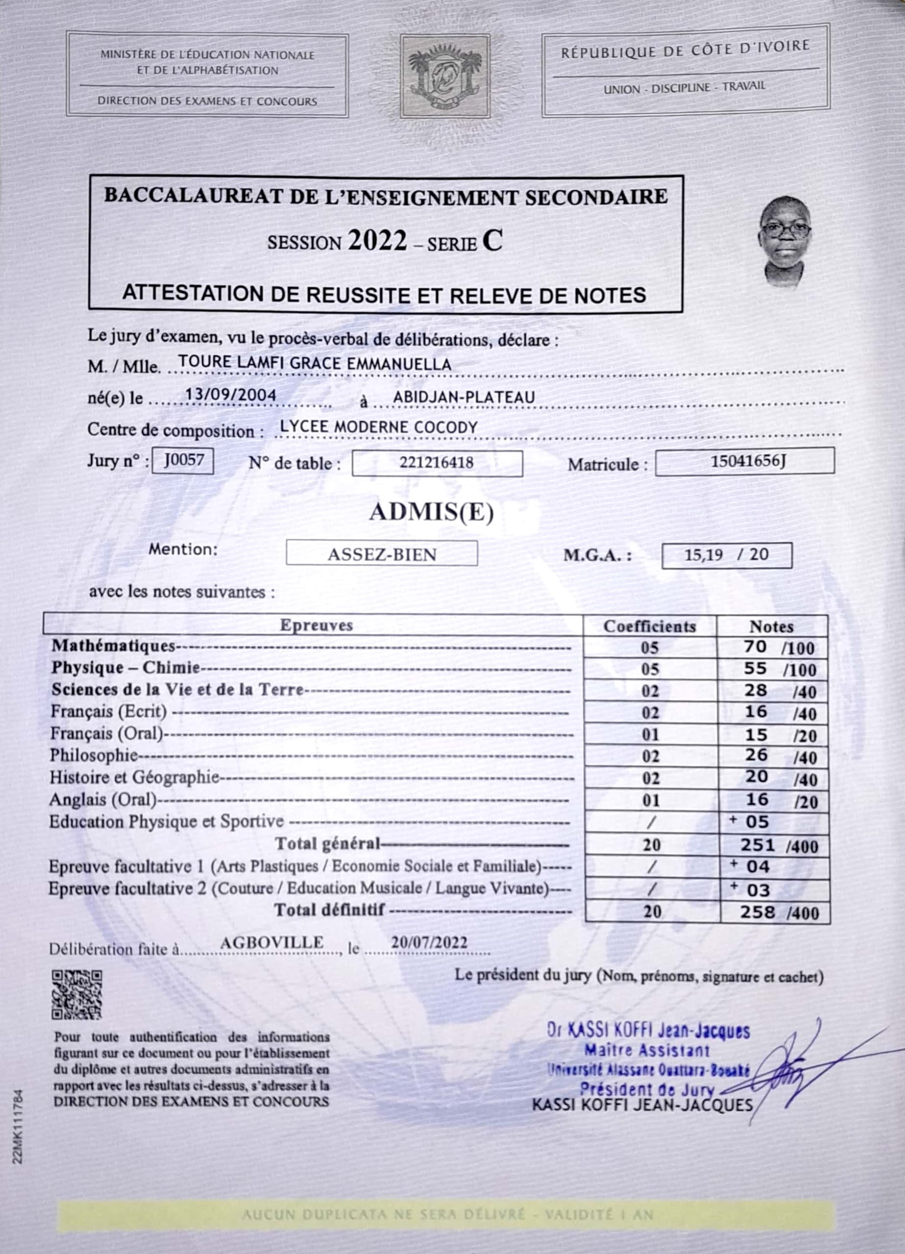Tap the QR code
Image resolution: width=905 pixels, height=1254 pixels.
click(77, 995)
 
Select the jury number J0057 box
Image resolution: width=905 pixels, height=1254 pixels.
click(183, 460)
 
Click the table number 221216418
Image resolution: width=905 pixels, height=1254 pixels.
click(437, 463)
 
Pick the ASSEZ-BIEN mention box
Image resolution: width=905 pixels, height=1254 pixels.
click(381, 554)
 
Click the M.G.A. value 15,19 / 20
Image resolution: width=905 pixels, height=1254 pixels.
click(726, 555)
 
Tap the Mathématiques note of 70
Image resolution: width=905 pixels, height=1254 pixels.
click(755, 647)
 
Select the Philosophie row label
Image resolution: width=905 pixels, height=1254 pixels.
click(94, 755)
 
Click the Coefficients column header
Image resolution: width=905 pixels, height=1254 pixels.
click(649, 627)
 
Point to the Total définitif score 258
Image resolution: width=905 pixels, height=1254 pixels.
click(758, 912)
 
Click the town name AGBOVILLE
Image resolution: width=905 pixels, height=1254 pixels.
click(271, 942)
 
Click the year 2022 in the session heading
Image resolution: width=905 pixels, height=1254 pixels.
click(378, 241)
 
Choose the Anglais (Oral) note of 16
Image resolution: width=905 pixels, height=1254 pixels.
click(756, 799)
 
